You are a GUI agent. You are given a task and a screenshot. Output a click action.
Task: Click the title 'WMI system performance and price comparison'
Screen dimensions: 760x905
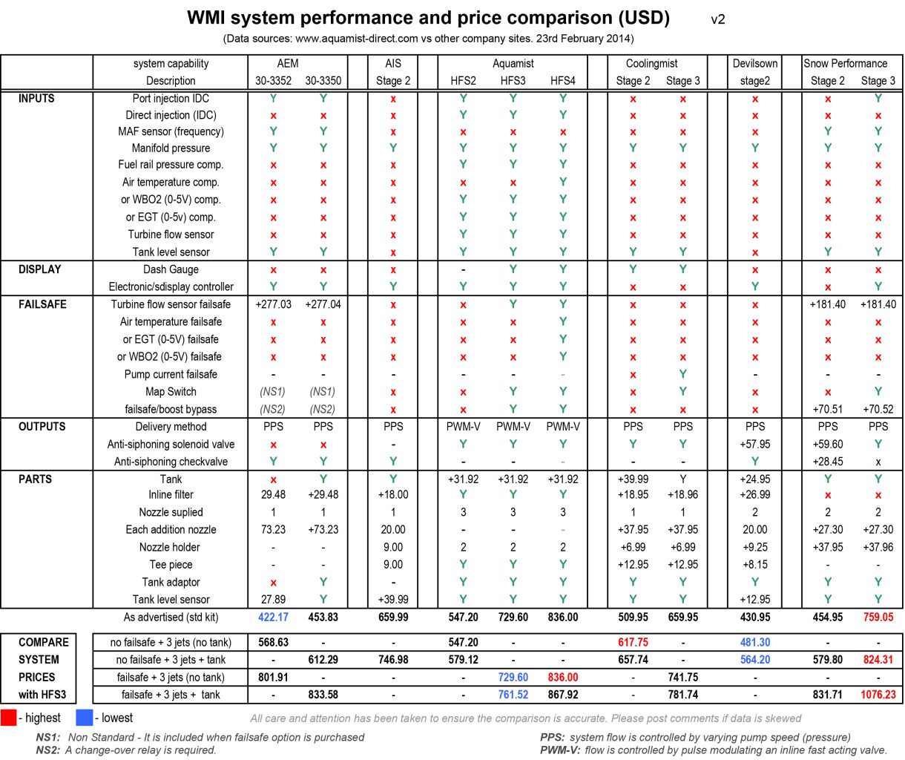tap(428, 18)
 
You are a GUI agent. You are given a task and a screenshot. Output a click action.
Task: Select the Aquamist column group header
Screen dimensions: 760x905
tap(513, 64)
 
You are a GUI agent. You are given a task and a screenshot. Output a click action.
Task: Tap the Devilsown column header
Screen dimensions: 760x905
tap(754, 64)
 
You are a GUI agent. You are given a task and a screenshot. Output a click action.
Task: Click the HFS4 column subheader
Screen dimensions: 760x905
tap(563, 81)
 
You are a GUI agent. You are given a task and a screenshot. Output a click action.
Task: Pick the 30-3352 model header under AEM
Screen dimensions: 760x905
tap(273, 81)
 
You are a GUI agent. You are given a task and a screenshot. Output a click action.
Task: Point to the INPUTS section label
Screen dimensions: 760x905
tap(36, 98)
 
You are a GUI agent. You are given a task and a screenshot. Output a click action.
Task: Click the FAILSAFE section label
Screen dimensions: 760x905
tap(42, 304)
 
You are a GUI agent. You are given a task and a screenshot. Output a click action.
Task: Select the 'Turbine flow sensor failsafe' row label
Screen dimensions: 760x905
tap(171, 304)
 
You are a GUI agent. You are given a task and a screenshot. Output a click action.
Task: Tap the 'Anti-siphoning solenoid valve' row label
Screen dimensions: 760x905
tap(171, 445)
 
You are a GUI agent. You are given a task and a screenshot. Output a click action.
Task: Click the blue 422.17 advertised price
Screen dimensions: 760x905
tap(273, 617)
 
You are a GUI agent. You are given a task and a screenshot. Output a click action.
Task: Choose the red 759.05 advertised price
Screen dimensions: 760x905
tap(878, 617)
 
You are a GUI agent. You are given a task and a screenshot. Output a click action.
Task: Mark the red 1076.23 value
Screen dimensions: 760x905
tap(878, 695)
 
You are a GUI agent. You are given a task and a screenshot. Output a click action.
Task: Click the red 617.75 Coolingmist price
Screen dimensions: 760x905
tap(633, 643)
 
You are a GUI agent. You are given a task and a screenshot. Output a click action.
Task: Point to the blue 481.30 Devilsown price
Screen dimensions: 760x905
tap(754, 643)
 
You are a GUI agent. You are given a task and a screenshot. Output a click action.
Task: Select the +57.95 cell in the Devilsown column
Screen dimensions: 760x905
tap(754, 445)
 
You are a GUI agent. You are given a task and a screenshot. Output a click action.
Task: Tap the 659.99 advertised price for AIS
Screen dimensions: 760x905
tap(393, 617)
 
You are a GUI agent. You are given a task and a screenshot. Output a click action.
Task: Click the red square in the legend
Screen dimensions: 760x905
tap(9, 718)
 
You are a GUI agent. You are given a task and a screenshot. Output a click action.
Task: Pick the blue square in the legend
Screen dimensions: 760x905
tap(84, 718)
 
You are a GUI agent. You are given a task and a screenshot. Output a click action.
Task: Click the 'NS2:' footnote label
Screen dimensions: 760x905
tap(49, 750)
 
